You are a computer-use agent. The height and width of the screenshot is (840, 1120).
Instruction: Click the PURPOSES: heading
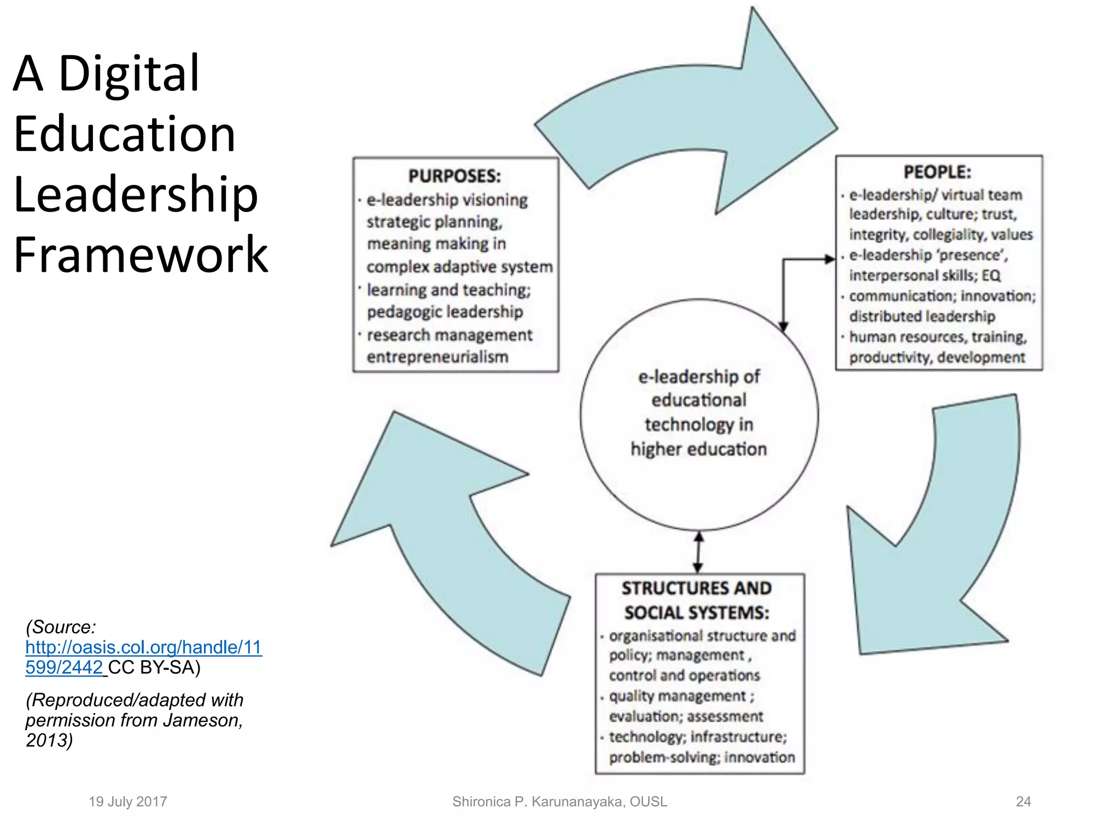click(454, 176)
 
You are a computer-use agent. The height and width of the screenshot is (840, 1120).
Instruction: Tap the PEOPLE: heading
click(937, 172)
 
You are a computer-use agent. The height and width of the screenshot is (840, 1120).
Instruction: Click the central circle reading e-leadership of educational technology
click(699, 414)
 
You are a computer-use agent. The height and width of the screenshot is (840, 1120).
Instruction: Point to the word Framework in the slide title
click(141, 255)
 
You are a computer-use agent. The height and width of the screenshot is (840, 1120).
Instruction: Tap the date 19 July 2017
click(128, 802)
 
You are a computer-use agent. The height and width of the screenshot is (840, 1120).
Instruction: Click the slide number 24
click(1023, 802)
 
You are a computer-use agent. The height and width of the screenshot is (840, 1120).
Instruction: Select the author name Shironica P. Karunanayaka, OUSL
click(559, 802)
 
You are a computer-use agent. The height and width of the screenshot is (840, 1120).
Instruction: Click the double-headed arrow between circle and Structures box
click(698, 552)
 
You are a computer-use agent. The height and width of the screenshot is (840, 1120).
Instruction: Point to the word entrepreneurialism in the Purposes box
click(437, 357)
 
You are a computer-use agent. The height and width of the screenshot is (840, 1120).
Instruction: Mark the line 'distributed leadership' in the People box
click(922, 317)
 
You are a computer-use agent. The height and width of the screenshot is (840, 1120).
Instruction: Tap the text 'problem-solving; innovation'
click(702, 758)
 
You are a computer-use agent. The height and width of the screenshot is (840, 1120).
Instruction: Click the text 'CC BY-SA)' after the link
click(154, 668)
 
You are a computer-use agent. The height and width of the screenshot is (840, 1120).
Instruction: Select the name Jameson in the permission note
click(202, 721)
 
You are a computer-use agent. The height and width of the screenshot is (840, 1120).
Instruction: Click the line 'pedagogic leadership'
click(445, 312)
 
